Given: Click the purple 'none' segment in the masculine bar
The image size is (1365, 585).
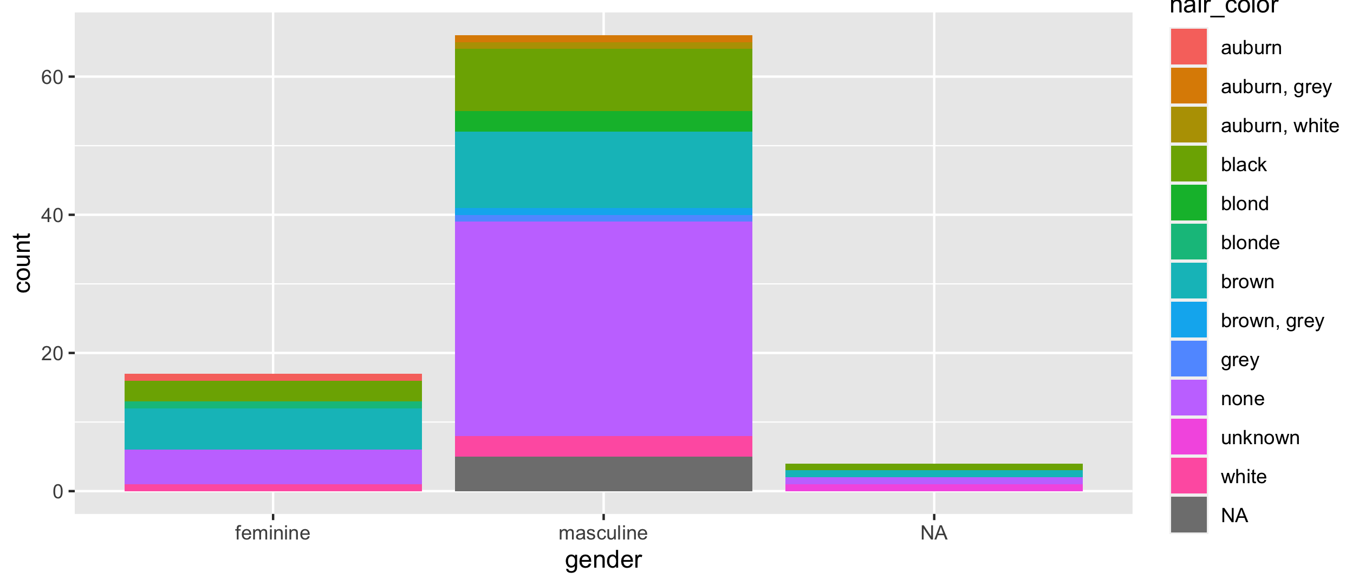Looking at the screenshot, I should pyautogui.click(x=603, y=328).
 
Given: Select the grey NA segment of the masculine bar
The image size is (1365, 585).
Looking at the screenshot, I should pyautogui.click(x=603, y=473).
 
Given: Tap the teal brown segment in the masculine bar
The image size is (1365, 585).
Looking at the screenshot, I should pyautogui.click(x=603, y=170).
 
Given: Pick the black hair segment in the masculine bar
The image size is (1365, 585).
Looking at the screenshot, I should pyautogui.click(x=603, y=80).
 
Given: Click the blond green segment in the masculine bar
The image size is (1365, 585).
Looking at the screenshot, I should pyautogui.click(x=603, y=121).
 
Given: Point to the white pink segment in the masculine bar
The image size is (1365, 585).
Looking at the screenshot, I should pyautogui.click(x=603, y=446).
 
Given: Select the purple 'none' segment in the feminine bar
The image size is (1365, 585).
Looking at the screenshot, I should pyautogui.click(x=273, y=466).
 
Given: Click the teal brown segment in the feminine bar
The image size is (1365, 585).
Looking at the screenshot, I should pyautogui.click(x=273, y=428).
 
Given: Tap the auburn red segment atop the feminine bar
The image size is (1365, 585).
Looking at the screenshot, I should pyautogui.click(x=273, y=378).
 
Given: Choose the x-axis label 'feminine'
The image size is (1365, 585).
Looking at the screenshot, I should pyautogui.click(x=272, y=534).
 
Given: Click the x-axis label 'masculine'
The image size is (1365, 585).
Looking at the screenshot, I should pyautogui.click(x=603, y=534).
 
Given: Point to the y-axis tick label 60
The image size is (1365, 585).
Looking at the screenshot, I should pyautogui.click(x=52, y=77).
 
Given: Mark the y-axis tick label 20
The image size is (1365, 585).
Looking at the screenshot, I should pyautogui.click(x=52, y=354).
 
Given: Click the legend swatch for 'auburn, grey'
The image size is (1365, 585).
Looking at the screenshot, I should pyautogui.click(x=1188, y=86).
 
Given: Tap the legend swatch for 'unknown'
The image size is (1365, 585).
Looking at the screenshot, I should pyautogui.click(x=1188, y=437).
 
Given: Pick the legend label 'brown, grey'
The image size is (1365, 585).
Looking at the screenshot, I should pyautogui.click(x=1272, y=321).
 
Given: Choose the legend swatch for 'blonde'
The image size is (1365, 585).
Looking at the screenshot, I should pyautogui.click(x=1188, y=242).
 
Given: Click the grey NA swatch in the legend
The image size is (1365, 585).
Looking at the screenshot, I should pyautogui.click(x=1188, y=515).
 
